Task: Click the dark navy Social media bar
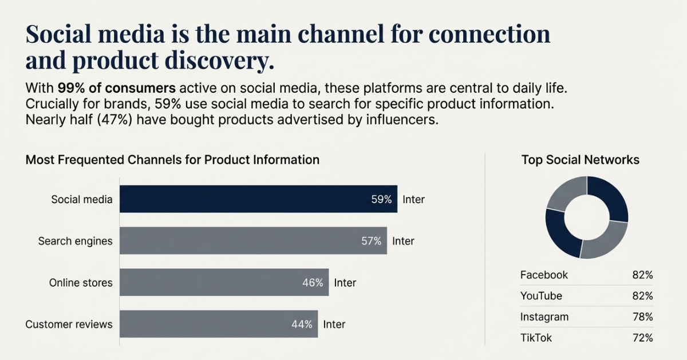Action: [258, 199]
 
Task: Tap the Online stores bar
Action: [224, 282]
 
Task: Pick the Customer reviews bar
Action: [218, 324]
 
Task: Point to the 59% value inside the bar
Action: [381, 200]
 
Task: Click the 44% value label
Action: [302, 325]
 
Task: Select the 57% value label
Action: [371, 241]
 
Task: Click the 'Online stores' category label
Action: [81, 283]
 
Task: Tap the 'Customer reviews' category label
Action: [69, 325]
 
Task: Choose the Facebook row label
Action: [544, 275]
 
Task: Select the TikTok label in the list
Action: [536, 338]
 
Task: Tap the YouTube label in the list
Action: [541, 296]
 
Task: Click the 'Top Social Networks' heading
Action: [581, 160]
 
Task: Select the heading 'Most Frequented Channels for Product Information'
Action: [172, 160]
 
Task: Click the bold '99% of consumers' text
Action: [117, 89]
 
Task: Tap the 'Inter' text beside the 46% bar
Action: [345, 283]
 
